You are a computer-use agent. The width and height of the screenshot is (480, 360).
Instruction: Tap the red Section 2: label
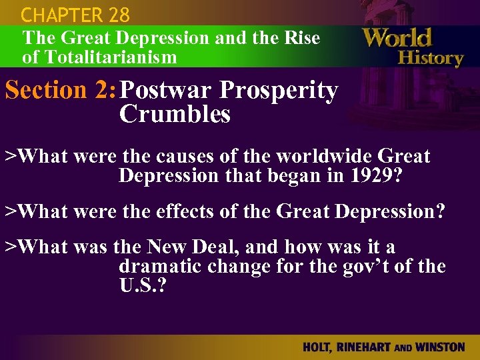[x=59, y=91]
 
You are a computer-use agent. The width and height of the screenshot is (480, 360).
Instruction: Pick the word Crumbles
[x=175, y=115]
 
